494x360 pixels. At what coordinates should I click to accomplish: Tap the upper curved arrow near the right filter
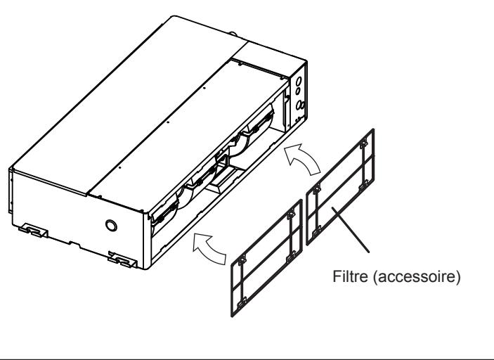tap(304, 160)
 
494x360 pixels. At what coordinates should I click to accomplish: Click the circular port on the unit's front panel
tap(110, 226)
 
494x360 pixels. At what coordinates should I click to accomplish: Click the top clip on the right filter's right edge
tap(363, 145)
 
